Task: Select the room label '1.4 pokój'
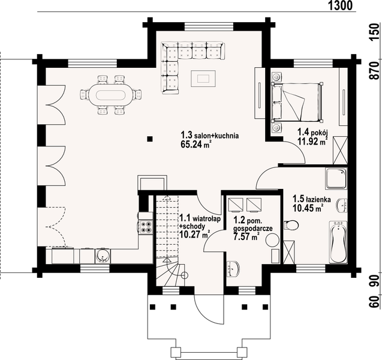click(311, 133)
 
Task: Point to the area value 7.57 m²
click(246, 237)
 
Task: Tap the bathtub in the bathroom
click(338, 244)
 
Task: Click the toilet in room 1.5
click(292, 226)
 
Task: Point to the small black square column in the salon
click(150, 140)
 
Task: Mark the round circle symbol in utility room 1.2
click(272, 241)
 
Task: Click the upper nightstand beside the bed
click(276, 77)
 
